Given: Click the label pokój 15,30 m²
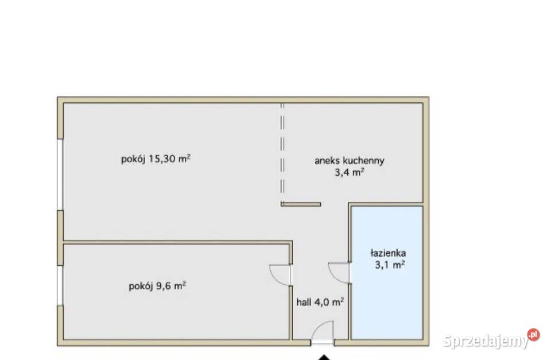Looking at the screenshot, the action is click(x=156, y=159).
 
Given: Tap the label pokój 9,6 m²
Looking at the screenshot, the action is click(x=157, y=286).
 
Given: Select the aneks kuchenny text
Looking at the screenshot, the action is click(x=350, y=161).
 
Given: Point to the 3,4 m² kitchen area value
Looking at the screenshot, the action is click(x=350, y=172).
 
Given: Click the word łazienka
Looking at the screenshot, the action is click(x=389, y=253).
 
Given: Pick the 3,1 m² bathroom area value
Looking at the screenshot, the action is click(x=390, y=264).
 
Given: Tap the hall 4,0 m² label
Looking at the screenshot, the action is click(x=320, y=302).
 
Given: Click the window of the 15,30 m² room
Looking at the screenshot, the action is click(x=60, y=175).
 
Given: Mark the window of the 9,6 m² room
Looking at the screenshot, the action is click(x=60, y=285).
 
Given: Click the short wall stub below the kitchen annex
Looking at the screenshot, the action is click(x=301, y=204).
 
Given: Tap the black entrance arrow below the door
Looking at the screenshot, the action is click(x=324, y=358).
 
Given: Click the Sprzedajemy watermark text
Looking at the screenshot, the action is click(x=486, y=340).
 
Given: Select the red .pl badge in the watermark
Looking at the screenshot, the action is click(x=533, y=334).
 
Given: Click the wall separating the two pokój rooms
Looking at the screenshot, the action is click(x=177, y=242).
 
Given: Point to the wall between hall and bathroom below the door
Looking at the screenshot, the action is click(x=350, y=312).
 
